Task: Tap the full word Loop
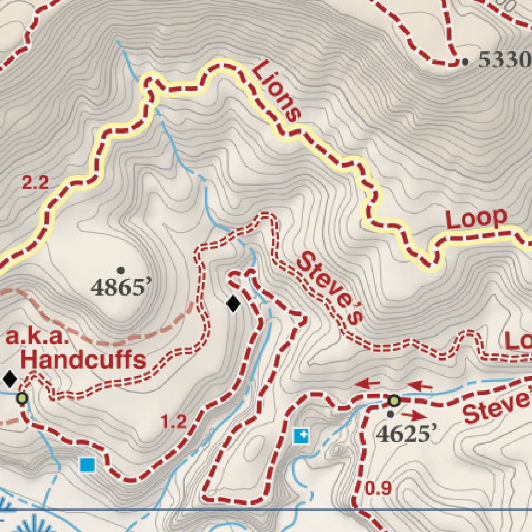click(x=476, y=219)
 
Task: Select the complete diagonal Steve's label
click(x=329, y=289)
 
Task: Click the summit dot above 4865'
click(x=121, y=270)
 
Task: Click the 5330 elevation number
click(x=504, y=61)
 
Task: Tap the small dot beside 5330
click(x=464, y=62)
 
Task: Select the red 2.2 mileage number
click(x=35, y=183)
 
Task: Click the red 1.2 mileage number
click(x=174, y=422)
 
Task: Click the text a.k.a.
click(x=37, y=338)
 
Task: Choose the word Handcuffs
click(x=83, y=359)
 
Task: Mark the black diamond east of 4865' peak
click(x=234, y=303)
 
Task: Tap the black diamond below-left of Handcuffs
click(x=10, y=379)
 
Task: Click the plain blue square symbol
click(x=87, y=464)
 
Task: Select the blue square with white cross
click(x=301, y=436)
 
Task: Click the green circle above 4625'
click(x=394, y=401)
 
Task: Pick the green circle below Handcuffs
click(x=22, y=399)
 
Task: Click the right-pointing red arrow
click(x=415, y=416)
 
